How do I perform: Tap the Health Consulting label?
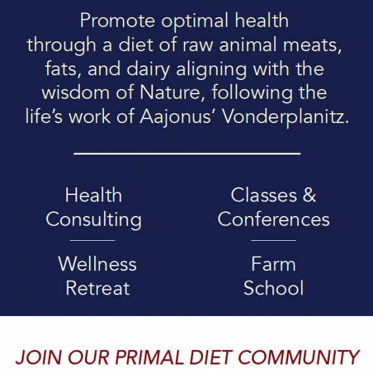point(94,207)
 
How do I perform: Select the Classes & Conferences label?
point(274,207)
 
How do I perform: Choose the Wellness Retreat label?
point(98,276)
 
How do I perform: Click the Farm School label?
point(274,276)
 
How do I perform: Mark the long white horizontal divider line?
point(186,154)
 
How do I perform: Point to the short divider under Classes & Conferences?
point(274,240)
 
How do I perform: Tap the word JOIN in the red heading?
point(33,357)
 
